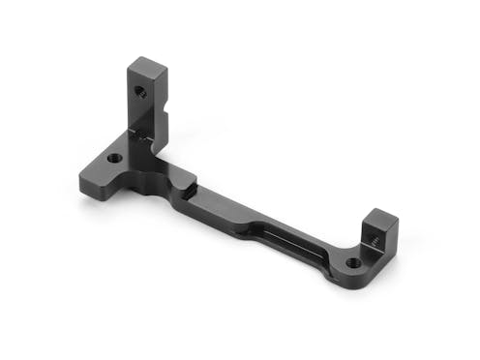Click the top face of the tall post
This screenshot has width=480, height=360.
click(x=146, y=67)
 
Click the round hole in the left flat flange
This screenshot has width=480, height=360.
click(x=114, y=157)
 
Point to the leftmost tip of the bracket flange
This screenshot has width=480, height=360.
click(x=78, y=178)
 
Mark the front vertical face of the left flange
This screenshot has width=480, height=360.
click(x=97, y=184)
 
